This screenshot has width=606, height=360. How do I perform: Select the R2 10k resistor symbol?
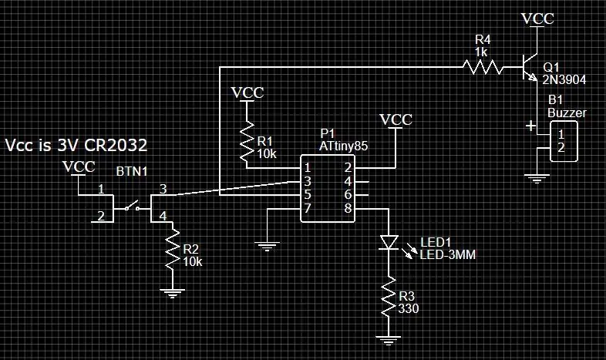[x=173, y=249]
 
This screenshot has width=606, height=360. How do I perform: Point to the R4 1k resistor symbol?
[x=483, y=67]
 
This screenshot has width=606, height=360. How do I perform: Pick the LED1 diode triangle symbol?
[x=389, y=243]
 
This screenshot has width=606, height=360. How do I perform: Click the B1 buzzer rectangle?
[x=564, y=141]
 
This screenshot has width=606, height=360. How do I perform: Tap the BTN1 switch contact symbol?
[x=132, y=206]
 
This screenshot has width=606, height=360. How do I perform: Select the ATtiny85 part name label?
[x=344, y=146]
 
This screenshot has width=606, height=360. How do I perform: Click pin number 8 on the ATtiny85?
[x=348, y=209]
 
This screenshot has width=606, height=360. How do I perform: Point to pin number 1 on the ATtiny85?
[x=308, y=168]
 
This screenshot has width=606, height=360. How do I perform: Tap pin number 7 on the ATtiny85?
[x=308, y=209]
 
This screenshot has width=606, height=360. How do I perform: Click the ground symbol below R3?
[x=389, y=340]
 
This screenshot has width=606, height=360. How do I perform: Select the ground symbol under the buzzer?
[x=537, y=178]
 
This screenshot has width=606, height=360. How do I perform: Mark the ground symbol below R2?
[x=173, y=293]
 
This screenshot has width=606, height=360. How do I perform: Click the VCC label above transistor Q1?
[x=537, y=19]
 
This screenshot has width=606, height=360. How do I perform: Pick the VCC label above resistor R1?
[x=247, y=93]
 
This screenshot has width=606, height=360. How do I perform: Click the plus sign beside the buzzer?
[x=531, y=126]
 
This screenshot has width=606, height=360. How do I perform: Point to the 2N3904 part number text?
[x=564, y=80]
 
